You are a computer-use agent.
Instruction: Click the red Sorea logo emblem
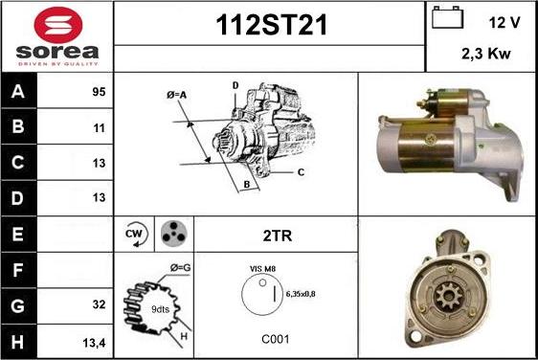[58, 25]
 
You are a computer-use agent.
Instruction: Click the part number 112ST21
[271, 25]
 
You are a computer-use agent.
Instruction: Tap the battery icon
[447, 17]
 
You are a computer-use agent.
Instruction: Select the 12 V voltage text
[504, 22]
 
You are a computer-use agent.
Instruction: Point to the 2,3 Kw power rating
[486, 54]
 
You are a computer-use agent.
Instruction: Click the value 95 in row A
[99, 92]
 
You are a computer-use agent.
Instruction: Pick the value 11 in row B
[100, 128]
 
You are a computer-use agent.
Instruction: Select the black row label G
[18, 305]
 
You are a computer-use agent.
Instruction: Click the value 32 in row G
[99, 304]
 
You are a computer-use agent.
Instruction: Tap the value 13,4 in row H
[94, 343]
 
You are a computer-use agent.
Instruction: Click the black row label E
[18, 234]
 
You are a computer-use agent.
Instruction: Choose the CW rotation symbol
[136, 234]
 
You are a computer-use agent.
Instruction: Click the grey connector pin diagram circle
[173, 234]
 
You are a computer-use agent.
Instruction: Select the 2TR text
[278, 236]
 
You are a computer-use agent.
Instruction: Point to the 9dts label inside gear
[160, 309]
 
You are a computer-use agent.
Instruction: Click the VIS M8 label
[262, 269]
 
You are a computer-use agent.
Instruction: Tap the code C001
[275, 339]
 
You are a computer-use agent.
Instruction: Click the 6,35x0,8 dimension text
[301, 294]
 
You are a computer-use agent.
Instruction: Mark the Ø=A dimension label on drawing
[176, 95]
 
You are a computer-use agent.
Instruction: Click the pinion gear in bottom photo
[448, 297]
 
